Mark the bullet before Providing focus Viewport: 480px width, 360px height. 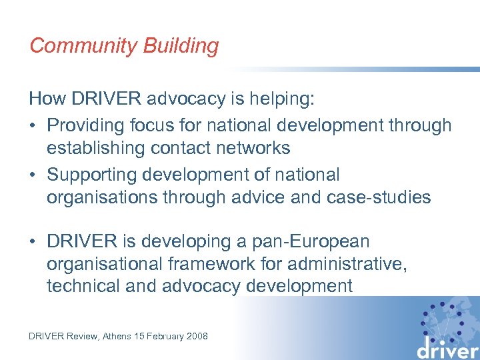[33, 125]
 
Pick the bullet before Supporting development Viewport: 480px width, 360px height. [33, 175]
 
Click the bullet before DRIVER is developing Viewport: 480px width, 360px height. [33, 241]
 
